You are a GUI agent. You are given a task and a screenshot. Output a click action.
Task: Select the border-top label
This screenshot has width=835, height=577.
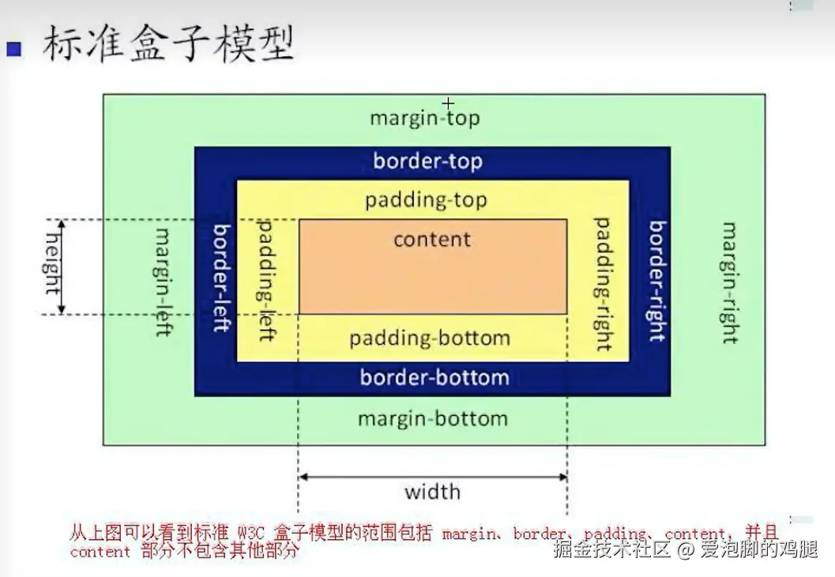[x=427, y=161]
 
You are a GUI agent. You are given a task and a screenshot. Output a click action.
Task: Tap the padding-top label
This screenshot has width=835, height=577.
[x=426, y=201]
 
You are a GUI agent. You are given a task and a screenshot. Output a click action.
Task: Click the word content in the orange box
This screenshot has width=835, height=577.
[x=432, y=239]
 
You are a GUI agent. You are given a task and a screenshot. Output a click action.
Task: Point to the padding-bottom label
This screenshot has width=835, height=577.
[x=430, y=338]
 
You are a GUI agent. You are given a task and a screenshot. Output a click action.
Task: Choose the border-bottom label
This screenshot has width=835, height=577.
[x=434, y=378]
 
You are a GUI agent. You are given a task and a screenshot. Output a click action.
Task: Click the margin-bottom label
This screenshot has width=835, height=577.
[x=433, y=419]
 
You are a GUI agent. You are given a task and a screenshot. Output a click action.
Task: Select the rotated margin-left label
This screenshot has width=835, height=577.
[x=163, y=282]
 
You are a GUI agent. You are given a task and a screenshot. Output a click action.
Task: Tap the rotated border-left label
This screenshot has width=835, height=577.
[x=221, y=277]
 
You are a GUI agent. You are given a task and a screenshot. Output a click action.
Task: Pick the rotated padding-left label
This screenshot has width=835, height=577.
[x=265, y=280]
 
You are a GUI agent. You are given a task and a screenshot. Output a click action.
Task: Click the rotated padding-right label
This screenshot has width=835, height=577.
[x=603, y=284]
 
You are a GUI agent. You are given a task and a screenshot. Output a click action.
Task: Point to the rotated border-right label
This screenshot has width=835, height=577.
[x=658, y=281]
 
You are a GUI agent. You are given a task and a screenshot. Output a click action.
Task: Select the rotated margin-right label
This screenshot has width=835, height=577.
[x=730, y=283]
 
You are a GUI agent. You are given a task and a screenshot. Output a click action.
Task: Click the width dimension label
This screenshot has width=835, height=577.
[x=432, y=492]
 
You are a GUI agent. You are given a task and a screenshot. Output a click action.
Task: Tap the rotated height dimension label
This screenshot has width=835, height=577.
[x=51, y=264]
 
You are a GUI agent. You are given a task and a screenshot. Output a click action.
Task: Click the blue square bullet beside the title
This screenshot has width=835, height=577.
[x=14, y=49]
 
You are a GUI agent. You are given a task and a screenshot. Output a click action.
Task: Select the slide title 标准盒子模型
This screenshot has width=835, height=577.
[x=168, y=43]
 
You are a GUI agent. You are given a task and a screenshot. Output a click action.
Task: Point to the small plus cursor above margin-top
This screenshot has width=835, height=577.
[x=448, y=103]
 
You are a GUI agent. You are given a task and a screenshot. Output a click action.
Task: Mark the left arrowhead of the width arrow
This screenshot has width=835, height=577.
[x=303, y=477]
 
